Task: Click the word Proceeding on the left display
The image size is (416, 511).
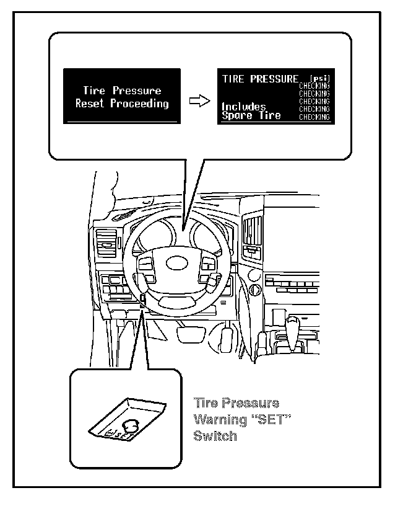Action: pyautogui.click(x=140, y=104)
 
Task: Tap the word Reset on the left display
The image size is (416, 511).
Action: pyautogui.click(x=90, y=104)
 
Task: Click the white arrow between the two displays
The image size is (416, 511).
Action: pyautogui.click(x=197, y=101)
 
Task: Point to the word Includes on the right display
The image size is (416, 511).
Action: pyautogui.click(x=244, y=107)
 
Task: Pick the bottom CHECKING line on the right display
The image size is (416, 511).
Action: pyautogui.click(x=314, y=117)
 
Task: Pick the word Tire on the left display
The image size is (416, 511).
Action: pyautogui.click(x=94, y=91)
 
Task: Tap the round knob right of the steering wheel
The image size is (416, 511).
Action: pyautogui.click(x=254, y=273)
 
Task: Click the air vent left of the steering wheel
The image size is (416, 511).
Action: pyautogui.click(x=106, y=244)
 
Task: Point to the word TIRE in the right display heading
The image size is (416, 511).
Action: pyautogui.click(x=233, y=79)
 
